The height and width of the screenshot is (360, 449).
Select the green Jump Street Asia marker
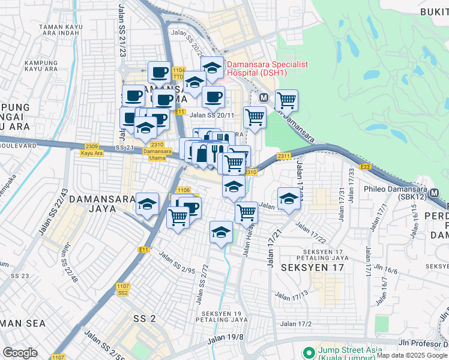(x=309, y=352)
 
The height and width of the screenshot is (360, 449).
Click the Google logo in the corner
(x=20, y=353)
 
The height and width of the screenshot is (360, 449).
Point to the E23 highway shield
(x=364, y=166)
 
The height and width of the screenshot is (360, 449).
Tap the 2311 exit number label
(x=284, y=156)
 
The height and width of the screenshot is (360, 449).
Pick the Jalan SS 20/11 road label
(x=211, y=115)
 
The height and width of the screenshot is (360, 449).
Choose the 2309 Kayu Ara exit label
(x=92, y=149)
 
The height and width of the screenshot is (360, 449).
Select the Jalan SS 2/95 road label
(x=177, y=262)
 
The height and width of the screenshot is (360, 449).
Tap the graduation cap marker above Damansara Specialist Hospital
(x=212, y=68)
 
